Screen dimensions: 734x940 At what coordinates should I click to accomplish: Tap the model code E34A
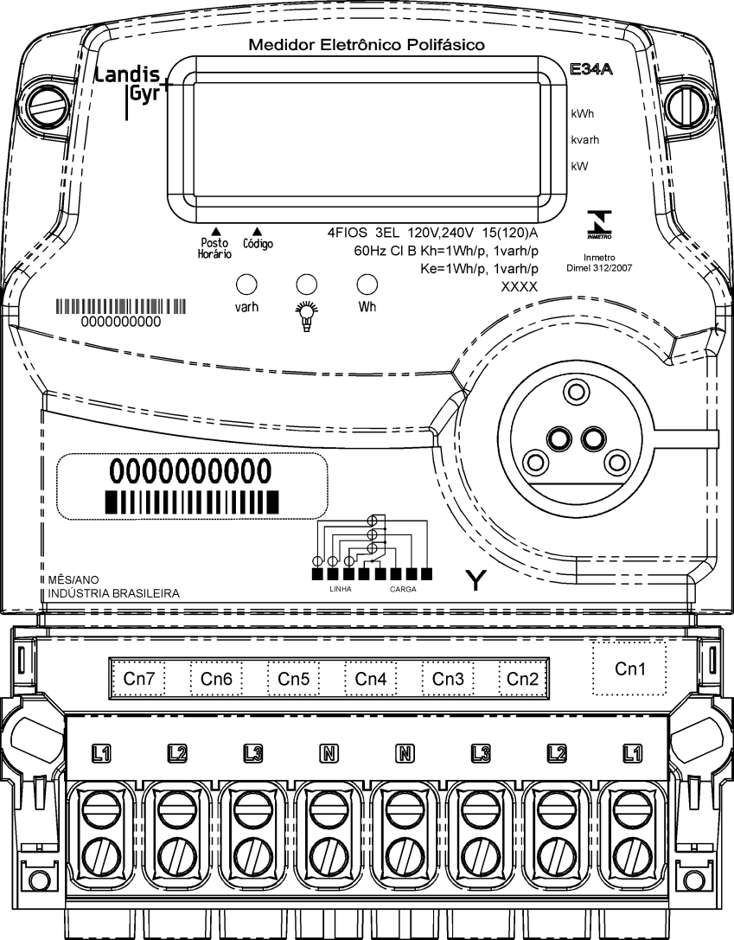(x=590, y=69)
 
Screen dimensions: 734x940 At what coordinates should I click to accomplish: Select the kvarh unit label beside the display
(x=584, y=140)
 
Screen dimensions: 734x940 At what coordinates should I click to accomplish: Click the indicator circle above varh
(x=246, y=285)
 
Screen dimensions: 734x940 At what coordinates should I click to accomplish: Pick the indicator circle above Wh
(x=367, y=285)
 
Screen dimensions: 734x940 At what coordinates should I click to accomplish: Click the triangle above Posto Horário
(x=216, y=230)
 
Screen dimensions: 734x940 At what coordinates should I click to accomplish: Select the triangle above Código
(x=257, y=230)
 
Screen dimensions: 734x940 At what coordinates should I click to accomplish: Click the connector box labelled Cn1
(x=629, y=668)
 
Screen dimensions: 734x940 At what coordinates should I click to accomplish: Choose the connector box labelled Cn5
(x=294, y=679)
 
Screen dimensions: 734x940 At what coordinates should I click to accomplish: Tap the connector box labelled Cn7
(x=138, y=679)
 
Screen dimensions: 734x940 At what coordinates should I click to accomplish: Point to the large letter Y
(x=476, y=580)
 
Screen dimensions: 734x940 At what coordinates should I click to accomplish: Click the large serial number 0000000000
(x=190, y=471)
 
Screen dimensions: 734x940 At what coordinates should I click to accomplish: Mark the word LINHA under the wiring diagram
(x=341, y=589)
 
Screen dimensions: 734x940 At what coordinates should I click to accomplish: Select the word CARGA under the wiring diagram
(x=403, y=589)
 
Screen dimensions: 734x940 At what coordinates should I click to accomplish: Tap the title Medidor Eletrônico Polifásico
(x=367, y=45)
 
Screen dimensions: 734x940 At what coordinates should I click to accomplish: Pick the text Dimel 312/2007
(x=599, y=268)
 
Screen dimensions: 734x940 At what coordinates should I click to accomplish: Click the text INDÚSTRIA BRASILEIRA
(x=114, y=593)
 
